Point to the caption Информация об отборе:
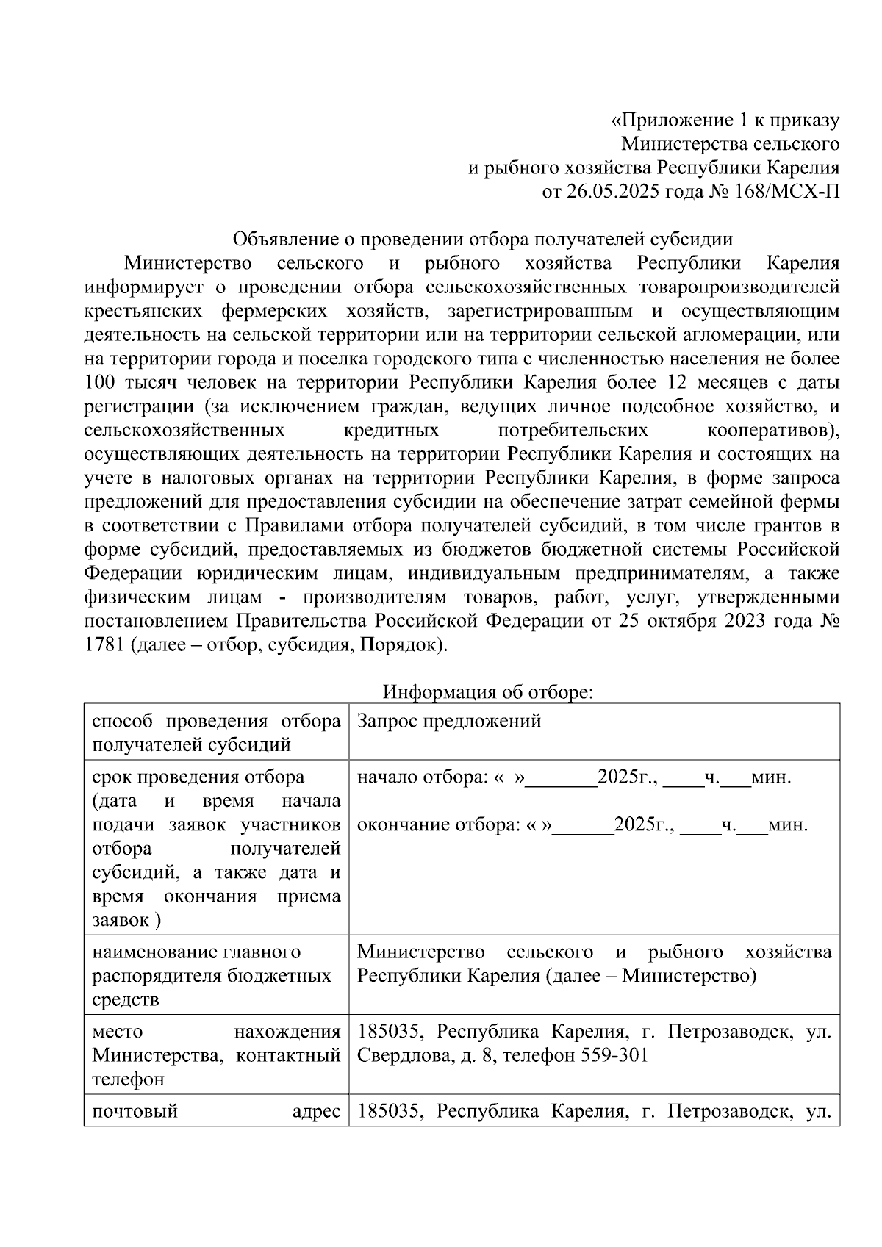click(x=487, y=692)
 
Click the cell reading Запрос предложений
click(x=449, y=721)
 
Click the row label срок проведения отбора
click(x=198, y=777)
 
